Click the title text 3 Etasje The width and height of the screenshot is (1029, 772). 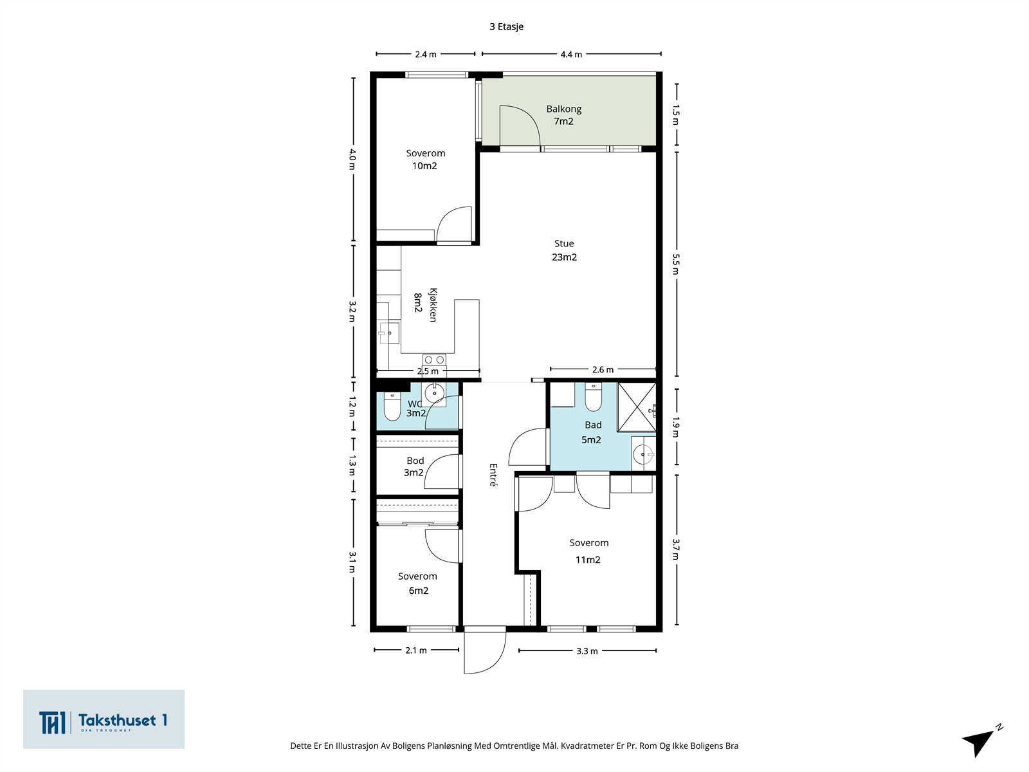[x=506, y=27]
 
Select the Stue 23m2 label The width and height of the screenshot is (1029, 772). [x=564, y=250]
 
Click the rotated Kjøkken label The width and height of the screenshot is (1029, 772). [x=433, y=305]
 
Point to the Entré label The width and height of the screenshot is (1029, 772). [x=493, y=475]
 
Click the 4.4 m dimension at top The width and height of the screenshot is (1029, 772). [x=571, y=55]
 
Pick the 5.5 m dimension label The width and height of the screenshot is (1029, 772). [x=676, y=264]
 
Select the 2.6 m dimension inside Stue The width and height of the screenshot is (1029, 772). [x=603, y=370]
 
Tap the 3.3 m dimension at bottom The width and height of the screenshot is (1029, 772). [x=587, y=651]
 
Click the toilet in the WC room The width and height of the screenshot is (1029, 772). [x=392, y=406]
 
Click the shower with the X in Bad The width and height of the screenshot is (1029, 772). [x=637, y=407]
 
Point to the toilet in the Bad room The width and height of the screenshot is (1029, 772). [x=593, y=397]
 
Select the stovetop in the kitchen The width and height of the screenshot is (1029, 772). [x=434, y=360]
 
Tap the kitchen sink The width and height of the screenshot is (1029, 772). [x=388, y=333]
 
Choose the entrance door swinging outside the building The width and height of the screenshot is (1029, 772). [x=485, y=653]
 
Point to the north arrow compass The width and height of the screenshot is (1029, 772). [x=981, y=740]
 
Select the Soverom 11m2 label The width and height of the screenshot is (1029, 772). [x=589, y=551]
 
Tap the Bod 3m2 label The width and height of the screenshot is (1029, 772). [x=414, y=467]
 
